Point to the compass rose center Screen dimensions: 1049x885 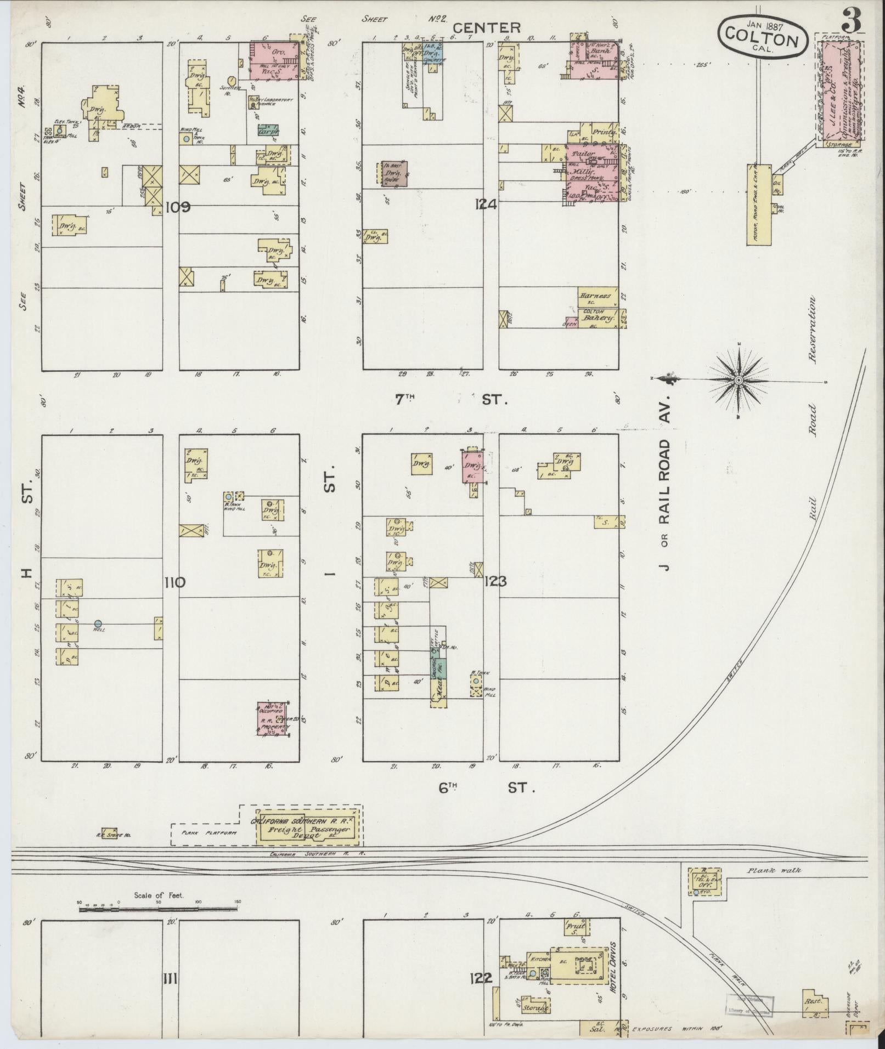pyautogui.click(x=739, y=379)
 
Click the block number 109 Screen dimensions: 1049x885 pyautogui.click(x=178, y=207)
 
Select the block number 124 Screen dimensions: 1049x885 pyautogui.click(x=487, y=205)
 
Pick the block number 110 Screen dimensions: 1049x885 pyautogui.click(x=176, y=582)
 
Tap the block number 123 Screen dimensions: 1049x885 pyautogui.click(x=495, y=581)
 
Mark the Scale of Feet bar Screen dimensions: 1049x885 pyautogui.click(x=159, y=909)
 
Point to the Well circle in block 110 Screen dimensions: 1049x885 pyautogui.click(x=98, y=623)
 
